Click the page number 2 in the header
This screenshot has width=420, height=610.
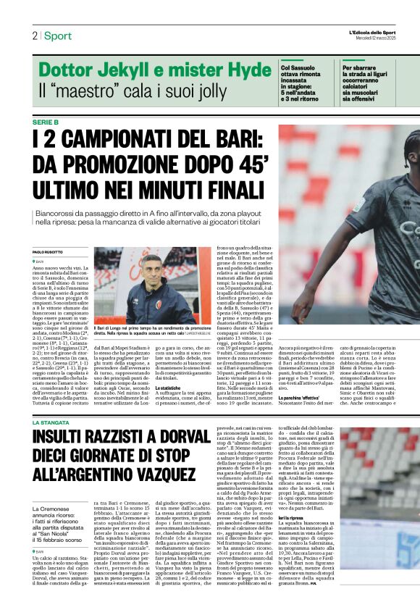pyautogui.click(x=34, y=35)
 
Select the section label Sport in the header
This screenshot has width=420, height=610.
pyautogui.click(x=57, y=35)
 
